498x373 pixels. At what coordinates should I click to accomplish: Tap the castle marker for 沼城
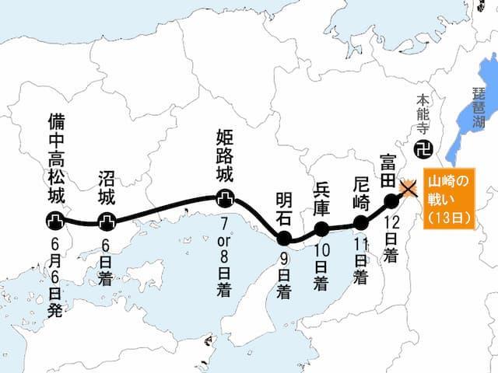107,222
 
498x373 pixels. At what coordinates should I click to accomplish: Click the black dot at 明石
284,237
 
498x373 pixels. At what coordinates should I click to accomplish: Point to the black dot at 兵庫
321,228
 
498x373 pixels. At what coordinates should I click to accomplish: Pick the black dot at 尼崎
360,223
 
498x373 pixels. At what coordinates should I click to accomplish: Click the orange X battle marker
407,187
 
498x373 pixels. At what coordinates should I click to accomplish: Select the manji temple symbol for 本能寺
423,147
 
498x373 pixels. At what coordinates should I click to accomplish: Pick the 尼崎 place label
360,189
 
